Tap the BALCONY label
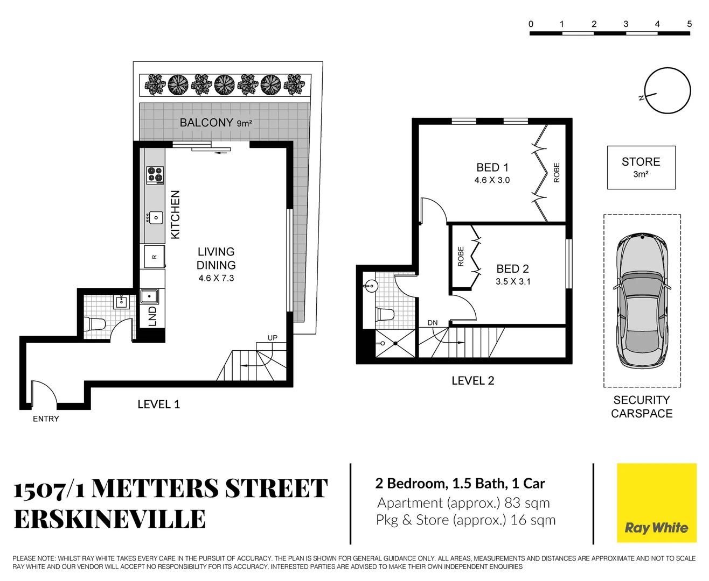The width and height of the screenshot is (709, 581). (206, 123)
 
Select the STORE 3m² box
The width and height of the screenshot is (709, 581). (641, 167)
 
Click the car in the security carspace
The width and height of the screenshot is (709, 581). (642, 301)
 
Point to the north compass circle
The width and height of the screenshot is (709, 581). (668, 91)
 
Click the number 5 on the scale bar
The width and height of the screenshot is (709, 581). (689, 24)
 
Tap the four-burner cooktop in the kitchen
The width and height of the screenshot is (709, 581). (155, 175)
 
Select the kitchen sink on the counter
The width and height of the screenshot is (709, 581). (155, 217)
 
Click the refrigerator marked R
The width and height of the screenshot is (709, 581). (154, 257)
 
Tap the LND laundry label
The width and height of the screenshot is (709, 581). (152, 316)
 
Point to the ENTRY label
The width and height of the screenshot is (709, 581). (46, 419)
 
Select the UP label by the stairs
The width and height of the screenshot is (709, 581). (273, 338)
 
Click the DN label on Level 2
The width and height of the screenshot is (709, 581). (433, 323)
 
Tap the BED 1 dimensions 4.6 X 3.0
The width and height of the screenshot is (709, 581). (492, 180)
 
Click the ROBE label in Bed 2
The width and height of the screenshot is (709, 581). (461, 256)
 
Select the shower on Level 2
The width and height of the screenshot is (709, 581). (395, 343)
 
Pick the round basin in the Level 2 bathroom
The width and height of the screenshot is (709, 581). (371, 285)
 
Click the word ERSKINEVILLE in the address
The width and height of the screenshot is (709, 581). (110, 519)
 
